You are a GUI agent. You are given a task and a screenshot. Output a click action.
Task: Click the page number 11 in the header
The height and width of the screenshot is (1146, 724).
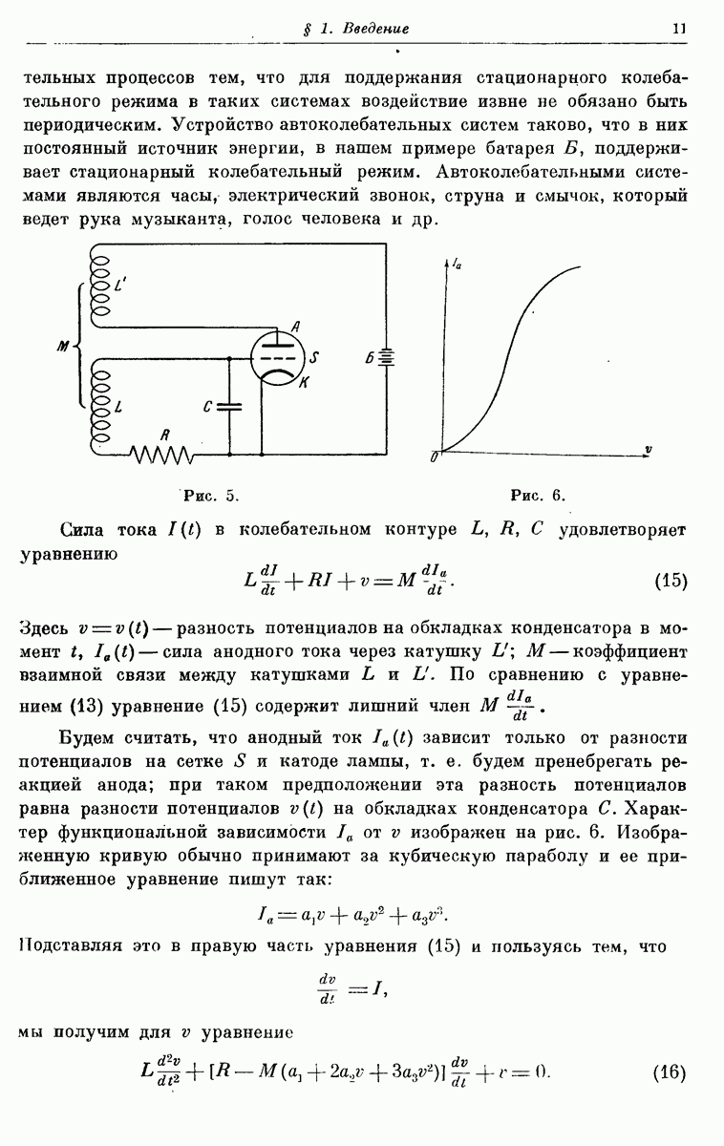coord(679,29)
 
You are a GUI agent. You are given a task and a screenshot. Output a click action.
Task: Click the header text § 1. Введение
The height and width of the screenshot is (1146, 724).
coord(354,30)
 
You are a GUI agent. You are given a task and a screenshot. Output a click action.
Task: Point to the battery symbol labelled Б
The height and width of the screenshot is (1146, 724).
coord(386,359)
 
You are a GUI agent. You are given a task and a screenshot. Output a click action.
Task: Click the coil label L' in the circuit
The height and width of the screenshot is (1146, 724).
coord(118,284)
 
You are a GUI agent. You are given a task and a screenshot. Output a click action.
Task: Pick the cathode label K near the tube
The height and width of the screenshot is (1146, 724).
coord(303,383)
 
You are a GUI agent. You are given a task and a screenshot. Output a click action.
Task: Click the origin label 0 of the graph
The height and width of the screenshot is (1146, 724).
coord(435,456)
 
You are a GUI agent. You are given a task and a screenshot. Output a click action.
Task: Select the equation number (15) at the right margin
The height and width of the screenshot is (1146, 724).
coord(671,581)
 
